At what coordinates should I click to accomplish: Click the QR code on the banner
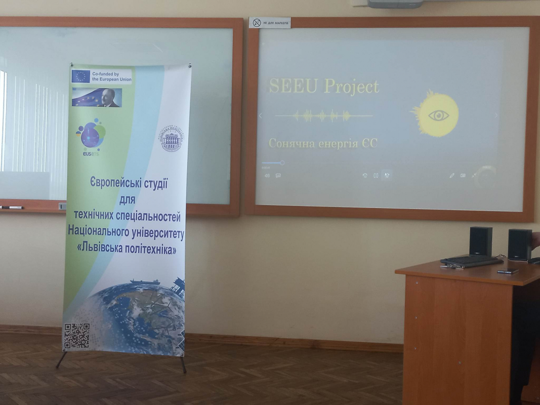click(x=77, y=336)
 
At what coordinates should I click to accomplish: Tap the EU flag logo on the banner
click(x=80, y=76)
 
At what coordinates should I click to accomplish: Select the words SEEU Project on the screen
click(x=324, y=86)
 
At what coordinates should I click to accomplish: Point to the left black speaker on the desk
click(x=480, y=241)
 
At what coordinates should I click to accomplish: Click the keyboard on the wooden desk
click(x=471, y=261)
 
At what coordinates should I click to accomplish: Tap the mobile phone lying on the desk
click(x=508, y=271)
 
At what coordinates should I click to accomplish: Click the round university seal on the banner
click(x=172, y=138)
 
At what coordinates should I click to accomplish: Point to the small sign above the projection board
click(x=270, y=23)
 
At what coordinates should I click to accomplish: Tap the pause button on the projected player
click(x=376, y=176)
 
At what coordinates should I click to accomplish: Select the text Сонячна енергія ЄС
click(x=323, y=144)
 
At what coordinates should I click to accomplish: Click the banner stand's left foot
click(x=60, y=360)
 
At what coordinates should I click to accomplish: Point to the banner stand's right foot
click(x=183, y=365)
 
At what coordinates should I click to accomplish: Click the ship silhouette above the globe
click(x=145, y=281)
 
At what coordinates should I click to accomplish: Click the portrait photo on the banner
click(x=97, y=97)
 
